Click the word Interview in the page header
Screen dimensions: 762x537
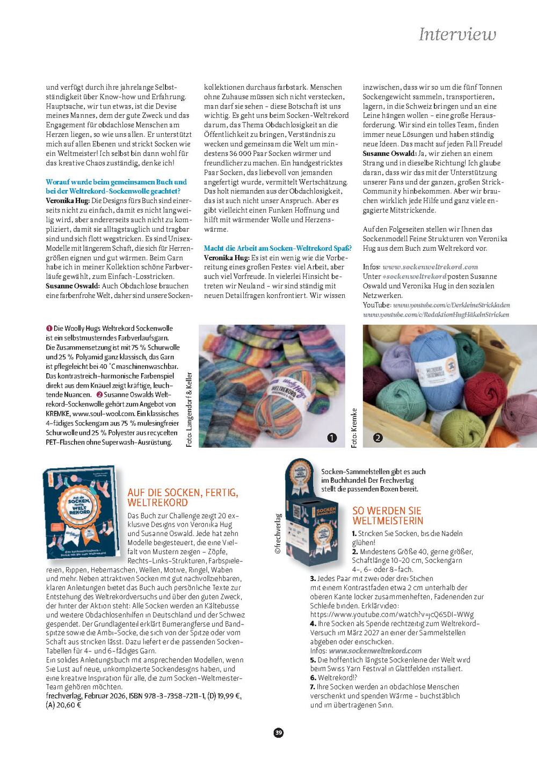pos(457,34)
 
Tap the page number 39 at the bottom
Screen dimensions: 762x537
pos(278,732)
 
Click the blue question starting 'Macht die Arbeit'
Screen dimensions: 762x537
pos(278,248)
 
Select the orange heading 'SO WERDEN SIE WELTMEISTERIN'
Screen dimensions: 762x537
pos(388,516)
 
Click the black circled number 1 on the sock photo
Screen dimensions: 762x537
pos(332,438)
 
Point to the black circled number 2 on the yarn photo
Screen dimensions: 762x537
pos(378,438)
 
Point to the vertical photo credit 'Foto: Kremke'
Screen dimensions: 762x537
pos(354,428)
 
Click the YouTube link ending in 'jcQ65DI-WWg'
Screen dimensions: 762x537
pos(391,614)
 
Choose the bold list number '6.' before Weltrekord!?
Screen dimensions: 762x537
pos(313,678)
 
